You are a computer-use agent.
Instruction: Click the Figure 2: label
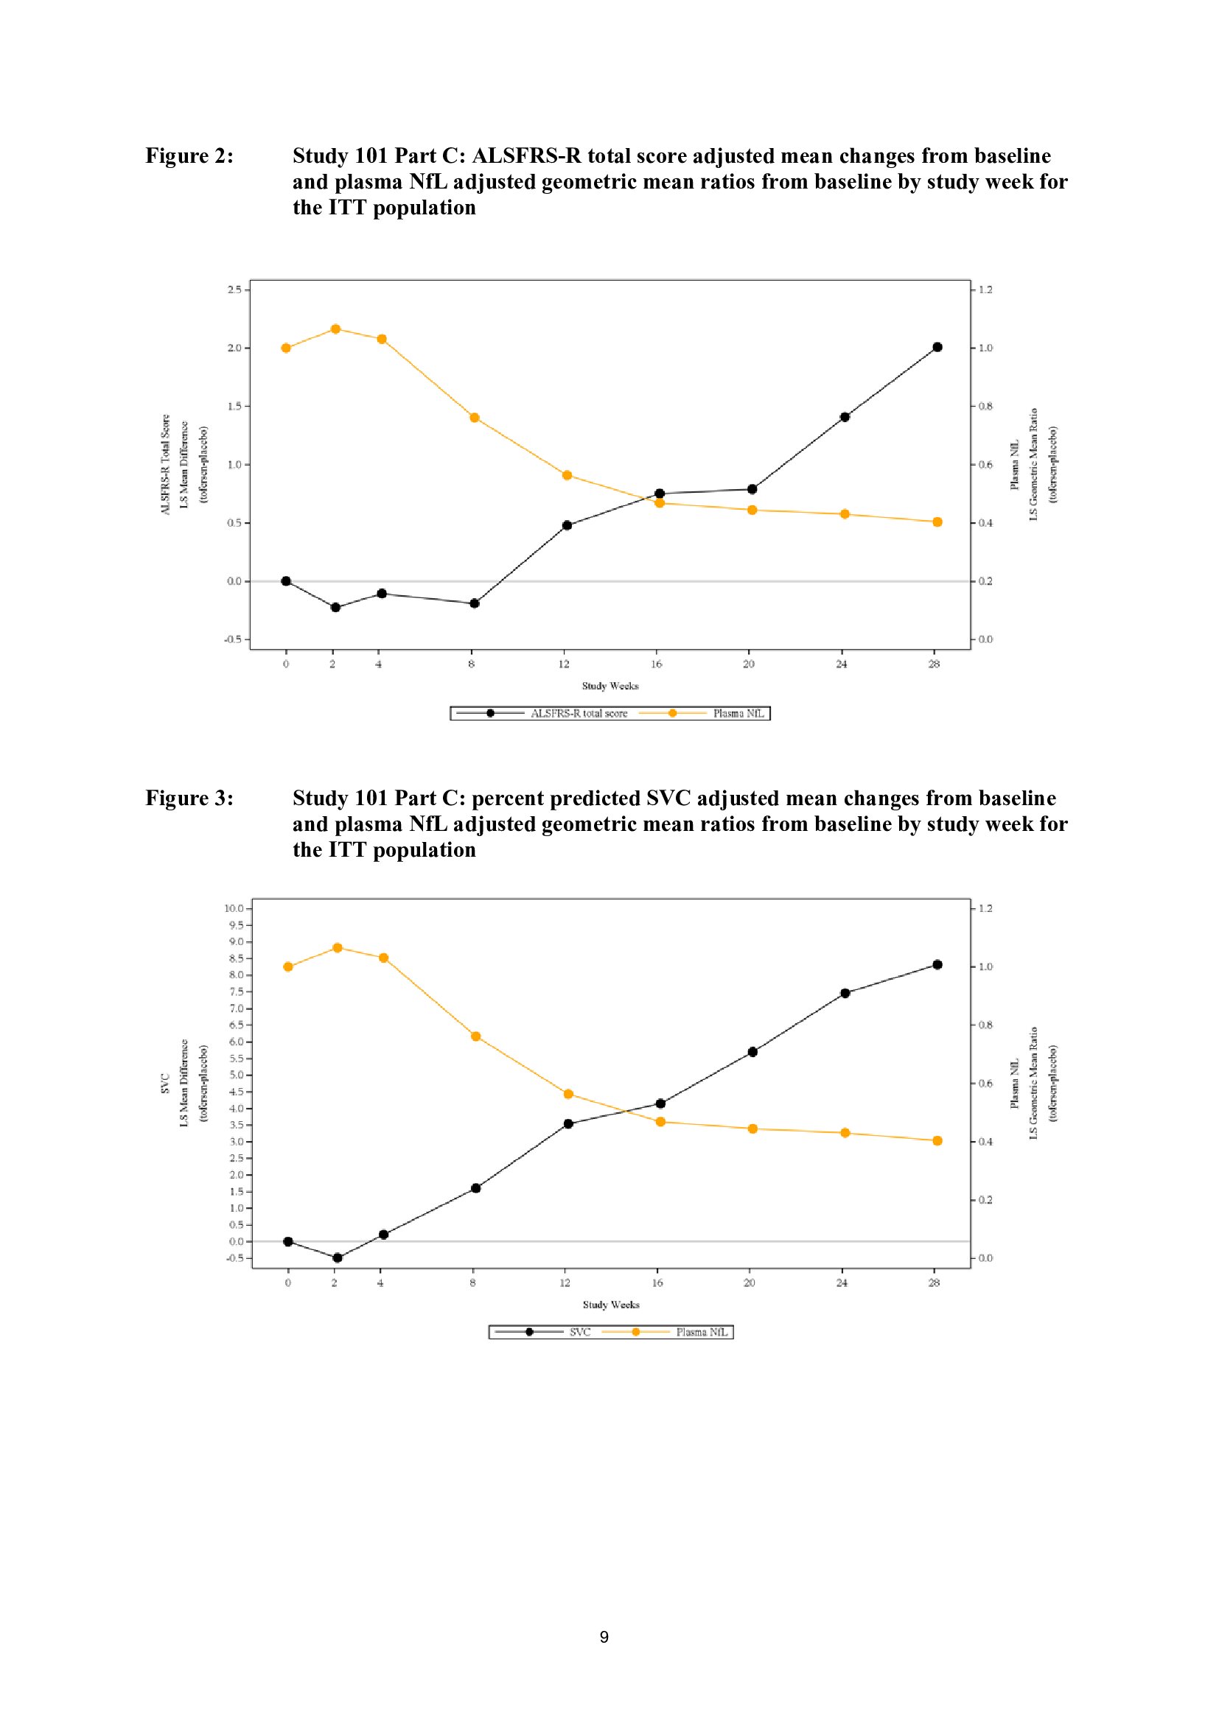189,155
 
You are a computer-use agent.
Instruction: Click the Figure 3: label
189,798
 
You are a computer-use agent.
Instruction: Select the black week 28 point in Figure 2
937,347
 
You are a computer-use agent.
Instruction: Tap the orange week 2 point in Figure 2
335,329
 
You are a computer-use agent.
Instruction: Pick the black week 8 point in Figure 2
475,603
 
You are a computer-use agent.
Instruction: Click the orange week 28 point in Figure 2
937,522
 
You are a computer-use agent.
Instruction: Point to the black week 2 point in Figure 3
337,1257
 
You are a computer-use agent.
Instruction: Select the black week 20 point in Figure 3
752,1052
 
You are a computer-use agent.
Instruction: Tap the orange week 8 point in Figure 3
475,1036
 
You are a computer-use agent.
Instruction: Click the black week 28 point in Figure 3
937,964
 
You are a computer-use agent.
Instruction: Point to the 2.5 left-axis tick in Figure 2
234,289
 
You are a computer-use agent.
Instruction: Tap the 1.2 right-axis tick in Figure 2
985,289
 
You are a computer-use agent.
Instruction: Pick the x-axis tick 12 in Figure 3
565,1282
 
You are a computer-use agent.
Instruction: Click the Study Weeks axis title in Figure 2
610,686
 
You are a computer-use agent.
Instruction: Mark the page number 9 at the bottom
604,1638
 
